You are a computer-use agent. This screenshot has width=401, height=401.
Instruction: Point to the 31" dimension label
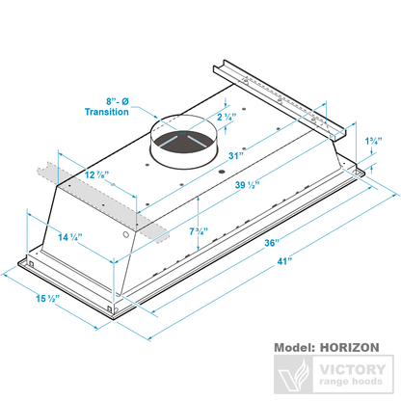(x=233, y=157)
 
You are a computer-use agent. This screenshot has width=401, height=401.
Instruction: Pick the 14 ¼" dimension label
(x=69, y=235)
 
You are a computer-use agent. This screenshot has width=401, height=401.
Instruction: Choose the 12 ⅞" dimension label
(x=95, y=175)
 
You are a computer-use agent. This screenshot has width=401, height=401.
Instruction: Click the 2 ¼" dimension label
(x=226, y=118)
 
